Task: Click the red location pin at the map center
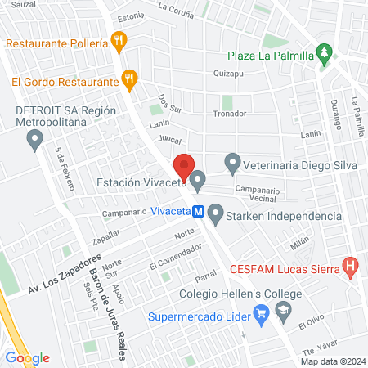pyautogui.click(x=185, y=168)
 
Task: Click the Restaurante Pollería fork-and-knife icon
pyautogui.click(x=119, y=40)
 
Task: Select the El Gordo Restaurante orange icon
pyautogui.click(x=128, y=79)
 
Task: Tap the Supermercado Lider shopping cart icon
pyautogui.click(x=262, y=312)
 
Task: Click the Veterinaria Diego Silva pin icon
pyautogui.click(x=232, y=163)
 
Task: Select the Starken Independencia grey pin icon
pyautogui.click(x=216, y=216)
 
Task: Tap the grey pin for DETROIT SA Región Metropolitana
pyautogui.click(x=34, y=141)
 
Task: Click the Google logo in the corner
pyautogui.click(x=27, y=357)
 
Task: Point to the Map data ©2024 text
pyautogui.click(x=332, y=361)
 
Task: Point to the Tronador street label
pyautogui.click(x=229, y=114)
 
